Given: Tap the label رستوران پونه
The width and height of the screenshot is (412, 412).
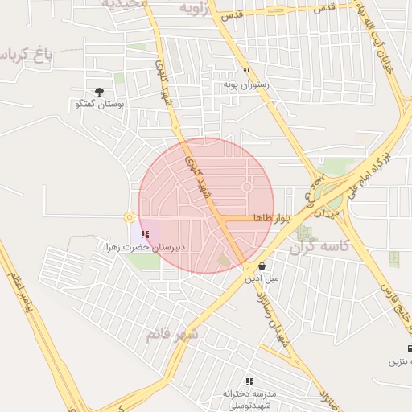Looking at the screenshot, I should click(x=246, y=84).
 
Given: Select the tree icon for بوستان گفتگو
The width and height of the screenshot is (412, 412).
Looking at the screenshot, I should click(x=99, y=93).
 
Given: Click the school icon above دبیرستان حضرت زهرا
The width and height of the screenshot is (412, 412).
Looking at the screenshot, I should click(x=145, y=234).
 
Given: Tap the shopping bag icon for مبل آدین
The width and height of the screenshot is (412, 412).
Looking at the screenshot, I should click(x=262, y=266).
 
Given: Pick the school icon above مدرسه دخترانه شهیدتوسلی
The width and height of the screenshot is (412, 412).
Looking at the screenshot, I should click(x=249, y=381).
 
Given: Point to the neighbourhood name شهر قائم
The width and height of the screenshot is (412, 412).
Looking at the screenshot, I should click(x=172, y=333).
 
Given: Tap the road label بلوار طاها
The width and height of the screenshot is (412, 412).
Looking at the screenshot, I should click(x=270, y=218).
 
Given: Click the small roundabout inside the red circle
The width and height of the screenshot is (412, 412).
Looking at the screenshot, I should click(x=247, y=187).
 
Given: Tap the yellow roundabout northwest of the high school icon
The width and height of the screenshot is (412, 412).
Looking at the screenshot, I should click(x=129, y=217).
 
